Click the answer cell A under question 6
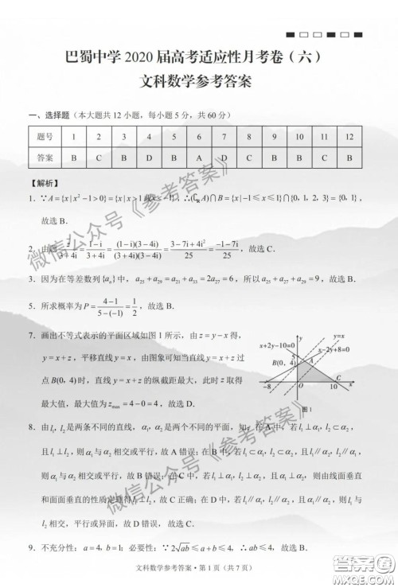(199, 158)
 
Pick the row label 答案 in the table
(45, 158)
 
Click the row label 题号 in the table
(45, 137)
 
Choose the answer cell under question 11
(324, 158)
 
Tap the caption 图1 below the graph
(307, 407)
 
